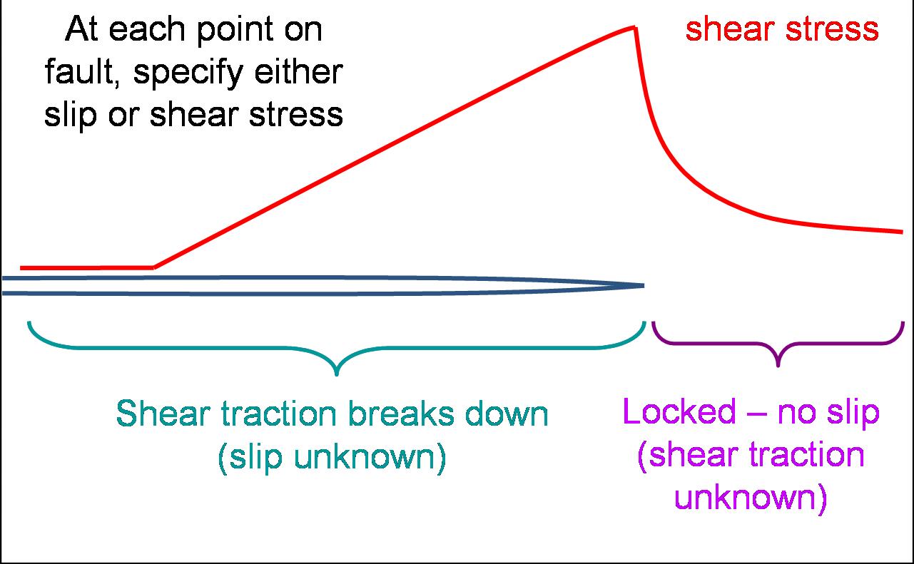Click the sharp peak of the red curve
(634, 28)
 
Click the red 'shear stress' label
(782, 29)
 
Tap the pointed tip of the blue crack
(644, 286)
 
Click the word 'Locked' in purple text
(679, 412)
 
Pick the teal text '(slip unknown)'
(332, 458)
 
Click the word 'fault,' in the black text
(84, 72)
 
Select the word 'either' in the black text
(298, 72)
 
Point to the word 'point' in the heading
(235, 31)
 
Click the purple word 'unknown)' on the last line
(751, 498)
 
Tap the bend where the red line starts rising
(154, 267)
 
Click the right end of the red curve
(902, 232)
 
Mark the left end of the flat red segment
(21, 268)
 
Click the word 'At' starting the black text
(82, 29)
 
